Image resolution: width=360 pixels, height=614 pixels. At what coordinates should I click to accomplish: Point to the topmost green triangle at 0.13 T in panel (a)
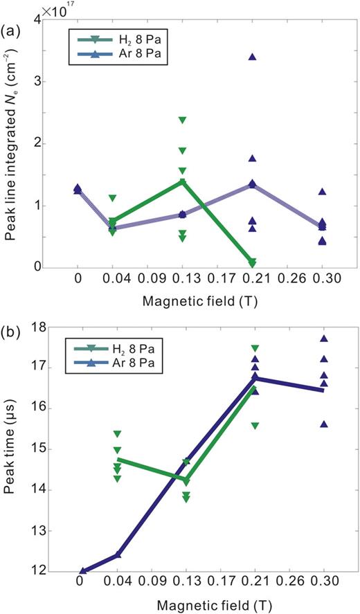tap(182, 120)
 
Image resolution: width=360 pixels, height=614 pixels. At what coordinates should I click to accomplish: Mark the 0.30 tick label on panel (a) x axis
tap(323, 282)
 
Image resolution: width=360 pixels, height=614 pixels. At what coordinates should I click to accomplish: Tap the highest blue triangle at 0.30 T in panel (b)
tap(323, 338)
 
